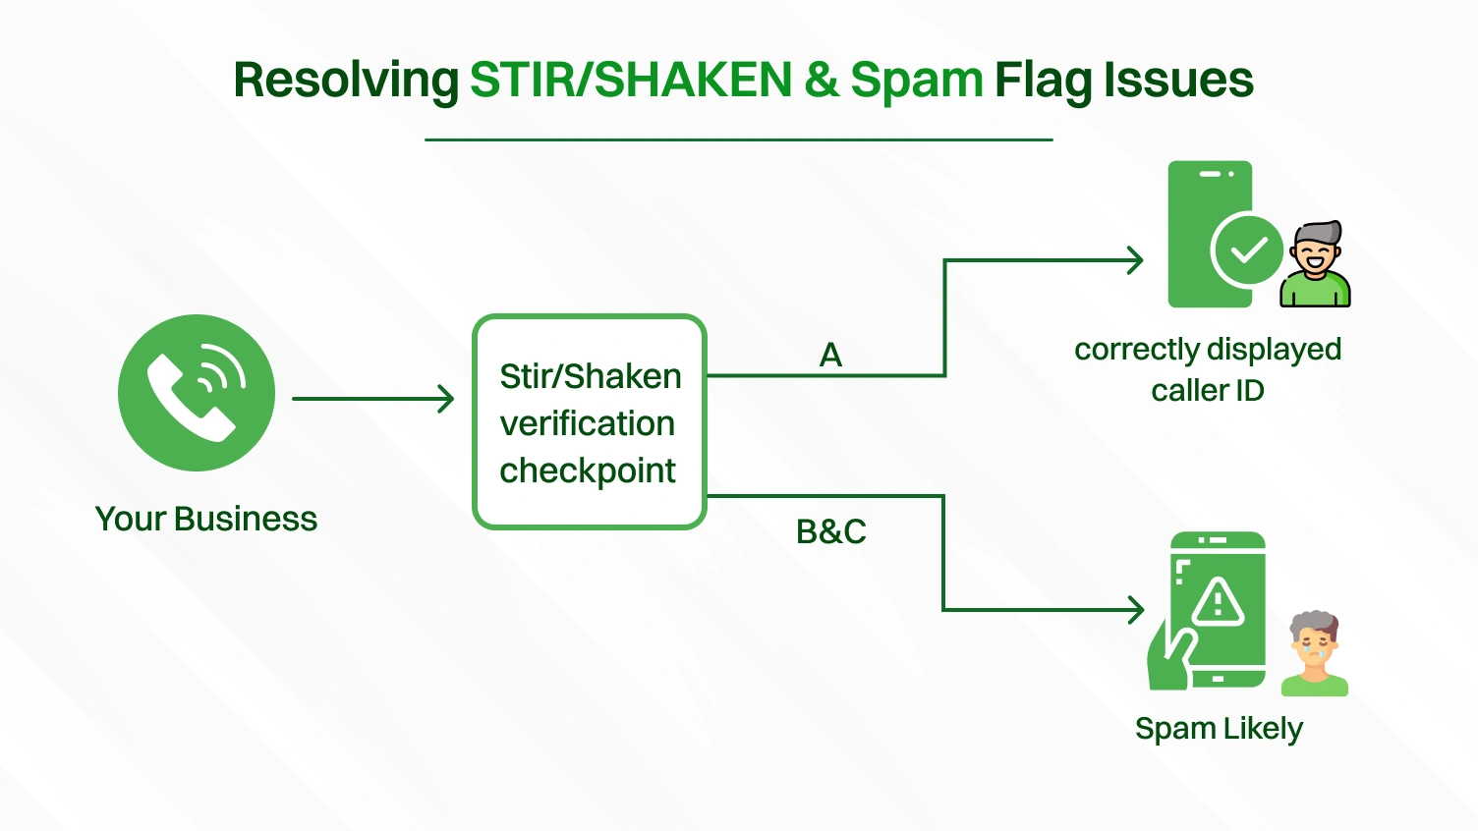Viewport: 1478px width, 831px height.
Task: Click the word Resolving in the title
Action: tap(346, 81)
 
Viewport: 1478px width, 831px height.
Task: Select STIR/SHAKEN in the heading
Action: tap(630, 81)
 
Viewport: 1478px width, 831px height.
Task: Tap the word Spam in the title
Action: tap(916, 81)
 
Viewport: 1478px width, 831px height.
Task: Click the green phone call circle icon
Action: tap(197, 393)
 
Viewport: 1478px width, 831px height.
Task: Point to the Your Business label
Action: tap(206, 519)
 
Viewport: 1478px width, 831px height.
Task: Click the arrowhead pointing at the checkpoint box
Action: tap(446, 399)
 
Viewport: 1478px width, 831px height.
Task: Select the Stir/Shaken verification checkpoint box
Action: tap(590, 422)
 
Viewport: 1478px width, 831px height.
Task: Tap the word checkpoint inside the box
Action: tap(588, 471)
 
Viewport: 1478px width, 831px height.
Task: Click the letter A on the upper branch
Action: tap(830, 355)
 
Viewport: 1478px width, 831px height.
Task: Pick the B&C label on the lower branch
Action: tap(830, 531)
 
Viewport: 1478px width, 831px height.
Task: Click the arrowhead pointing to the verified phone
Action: tap(1135, 260)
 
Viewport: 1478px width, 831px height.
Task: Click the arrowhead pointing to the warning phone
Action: tap(1136, 610)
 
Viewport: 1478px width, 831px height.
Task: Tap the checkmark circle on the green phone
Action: tap(1247, 250)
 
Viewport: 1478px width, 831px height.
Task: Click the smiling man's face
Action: tap(1315, 254)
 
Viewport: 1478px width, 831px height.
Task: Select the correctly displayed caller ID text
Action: tap(1208, 369)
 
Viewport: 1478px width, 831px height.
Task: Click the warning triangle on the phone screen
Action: tap(1219, 601)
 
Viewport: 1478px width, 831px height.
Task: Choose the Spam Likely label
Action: tap(1219, 729)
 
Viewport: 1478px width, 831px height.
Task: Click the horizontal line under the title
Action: tap(738, 139)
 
